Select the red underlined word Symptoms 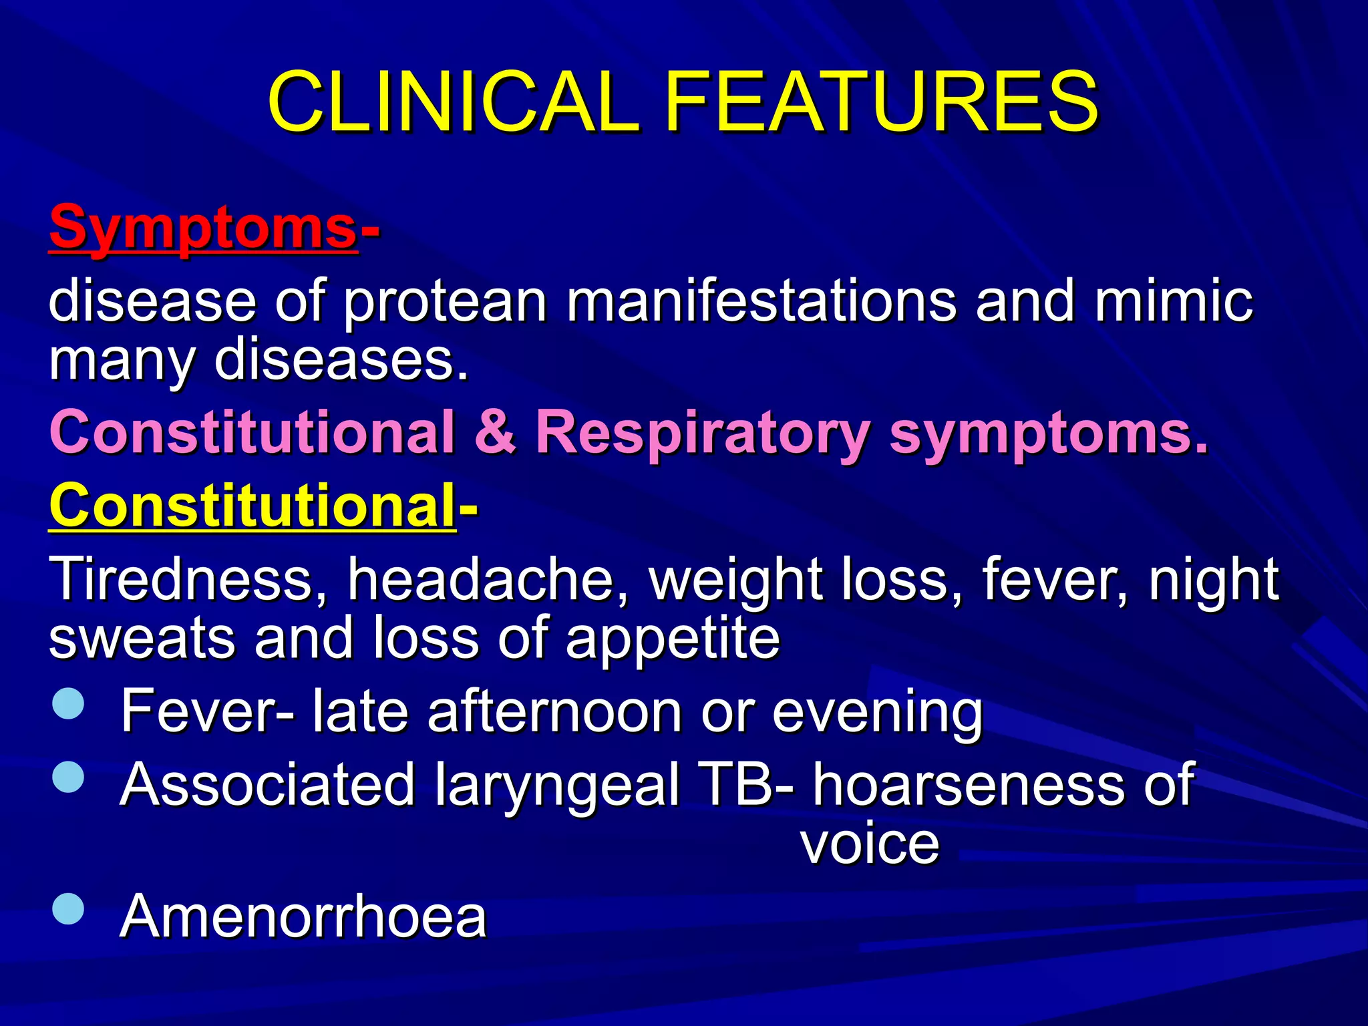point(203,227)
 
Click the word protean point(445,302)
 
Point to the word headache point(488,578)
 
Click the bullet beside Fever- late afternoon point(68,703)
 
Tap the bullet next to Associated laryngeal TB point(68,777)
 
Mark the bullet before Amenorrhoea point(68,908)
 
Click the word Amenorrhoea point(303,916)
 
